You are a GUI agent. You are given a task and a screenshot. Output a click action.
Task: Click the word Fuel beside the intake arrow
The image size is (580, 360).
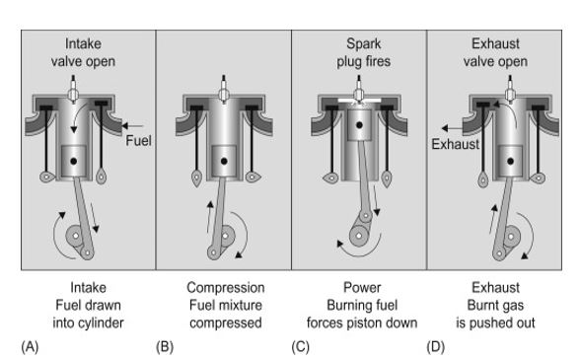coord(138,141)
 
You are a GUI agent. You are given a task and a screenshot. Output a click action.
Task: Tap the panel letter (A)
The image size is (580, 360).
coord(30,347)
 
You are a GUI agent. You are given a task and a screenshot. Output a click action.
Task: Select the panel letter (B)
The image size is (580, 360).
coord(165,347)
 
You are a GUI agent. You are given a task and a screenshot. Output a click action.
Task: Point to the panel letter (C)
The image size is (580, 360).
coord(300,347)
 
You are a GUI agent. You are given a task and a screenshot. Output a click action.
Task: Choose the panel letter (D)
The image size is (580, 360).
coord(435,347)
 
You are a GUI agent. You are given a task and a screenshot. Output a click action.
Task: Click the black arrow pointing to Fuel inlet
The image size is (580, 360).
coord(132,126)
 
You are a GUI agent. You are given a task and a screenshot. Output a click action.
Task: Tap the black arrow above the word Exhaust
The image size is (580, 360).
coord(452,128)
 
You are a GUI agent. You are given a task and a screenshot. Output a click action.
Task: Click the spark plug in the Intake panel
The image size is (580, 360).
coord(73,89)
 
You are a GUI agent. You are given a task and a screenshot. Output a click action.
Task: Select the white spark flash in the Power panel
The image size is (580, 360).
coord(359,101)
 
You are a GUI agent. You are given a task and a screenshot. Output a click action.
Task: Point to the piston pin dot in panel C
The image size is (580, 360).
coord(359,125)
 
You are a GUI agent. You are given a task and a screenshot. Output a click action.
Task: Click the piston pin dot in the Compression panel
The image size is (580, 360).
coord(224,162)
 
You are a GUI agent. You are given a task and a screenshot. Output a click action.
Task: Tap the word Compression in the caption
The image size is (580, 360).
coord(226,288)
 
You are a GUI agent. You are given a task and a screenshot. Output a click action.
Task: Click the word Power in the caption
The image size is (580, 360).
coord(362,287)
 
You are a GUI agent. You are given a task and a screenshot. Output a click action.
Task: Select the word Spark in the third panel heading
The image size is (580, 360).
coord(364,44)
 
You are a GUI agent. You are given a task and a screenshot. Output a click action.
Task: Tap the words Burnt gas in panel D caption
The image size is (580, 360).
coord(495,306)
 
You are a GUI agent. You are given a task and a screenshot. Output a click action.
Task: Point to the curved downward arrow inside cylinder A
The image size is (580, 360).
coord(79,116)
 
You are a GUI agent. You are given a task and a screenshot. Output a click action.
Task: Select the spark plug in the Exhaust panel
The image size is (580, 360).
coord(511,89)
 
